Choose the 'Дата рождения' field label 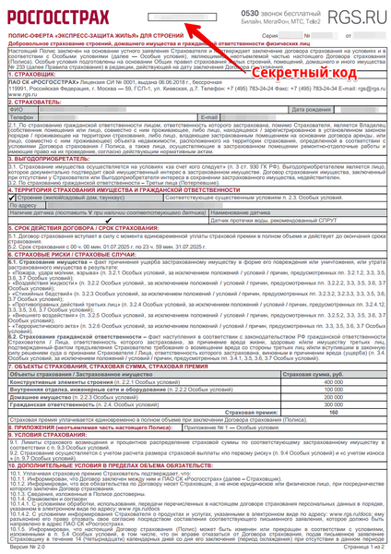tap(311, 134)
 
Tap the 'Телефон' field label tap(21, 143)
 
